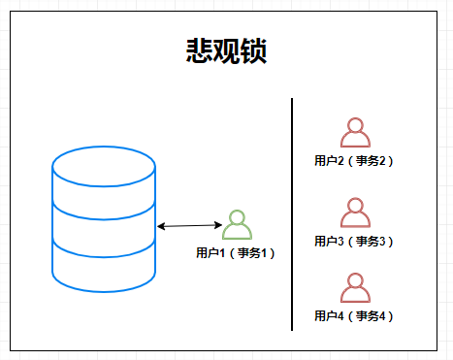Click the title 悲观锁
227,51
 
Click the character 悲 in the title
200,51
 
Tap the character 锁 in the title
254,51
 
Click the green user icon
237,225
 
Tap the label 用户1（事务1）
237,253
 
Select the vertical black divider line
292,213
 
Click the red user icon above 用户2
355,133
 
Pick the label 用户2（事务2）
355,161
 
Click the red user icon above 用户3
355,213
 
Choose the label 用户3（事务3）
355,241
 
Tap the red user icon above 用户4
355,288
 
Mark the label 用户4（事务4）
355,316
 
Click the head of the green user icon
237,217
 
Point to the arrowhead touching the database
161,227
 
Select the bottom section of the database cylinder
104,267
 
